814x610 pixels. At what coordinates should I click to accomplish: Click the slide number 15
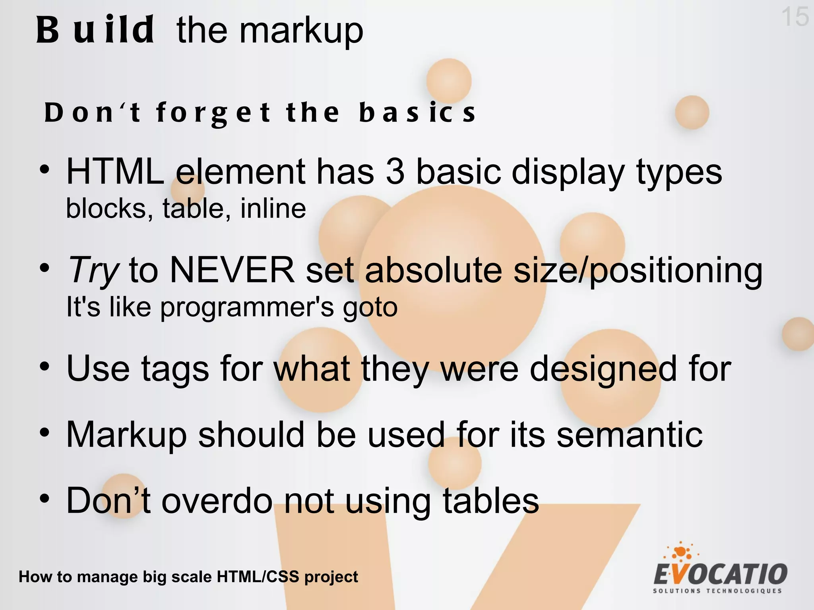click(x=795, y=17)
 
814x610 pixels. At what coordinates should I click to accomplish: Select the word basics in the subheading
click(x=417, y=113)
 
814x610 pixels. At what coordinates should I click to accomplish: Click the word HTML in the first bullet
click(x=115, y=172)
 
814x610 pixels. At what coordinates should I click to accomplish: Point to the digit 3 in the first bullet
click(x=395, y=172)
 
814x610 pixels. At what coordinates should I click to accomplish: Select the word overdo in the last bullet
click(x=217, y=501)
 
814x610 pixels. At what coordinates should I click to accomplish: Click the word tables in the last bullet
click(x=490, y=501)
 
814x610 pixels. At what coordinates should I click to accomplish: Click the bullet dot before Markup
click(x=45, y=432)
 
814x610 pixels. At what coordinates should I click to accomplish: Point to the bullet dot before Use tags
click(x=45, y=366)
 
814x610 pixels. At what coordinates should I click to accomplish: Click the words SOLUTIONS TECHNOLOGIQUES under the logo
click(x=717, y=591)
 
